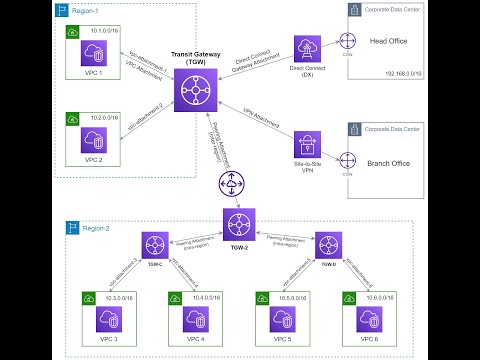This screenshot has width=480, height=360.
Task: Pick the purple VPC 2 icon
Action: click(97, 138)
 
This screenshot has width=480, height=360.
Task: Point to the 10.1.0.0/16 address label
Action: click(104, 30)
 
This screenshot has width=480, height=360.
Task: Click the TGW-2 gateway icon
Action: click(238, 223)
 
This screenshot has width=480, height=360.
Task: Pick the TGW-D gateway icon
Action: click(325, 245)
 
